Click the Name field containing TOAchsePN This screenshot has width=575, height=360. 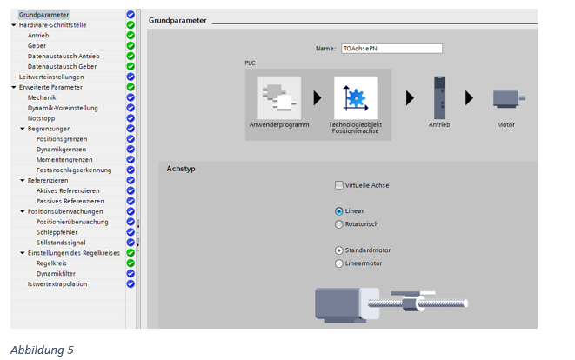click(391, 49)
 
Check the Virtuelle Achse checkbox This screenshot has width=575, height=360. click(339, 185)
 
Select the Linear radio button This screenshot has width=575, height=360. click(339, 211)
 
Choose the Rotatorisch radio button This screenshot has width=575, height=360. click(339, 224)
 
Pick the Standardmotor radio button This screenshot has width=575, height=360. click(339, 250)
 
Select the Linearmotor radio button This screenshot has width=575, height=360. click(339, 263)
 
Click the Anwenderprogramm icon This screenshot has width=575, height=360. click(279, 97)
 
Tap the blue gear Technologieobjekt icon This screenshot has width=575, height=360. click(355, 97)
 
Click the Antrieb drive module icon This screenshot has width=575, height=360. click(439, 97)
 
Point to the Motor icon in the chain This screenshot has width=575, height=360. click(509, 98)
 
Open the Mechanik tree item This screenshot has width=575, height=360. click(42, 97)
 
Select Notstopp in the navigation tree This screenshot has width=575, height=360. click(42, 118)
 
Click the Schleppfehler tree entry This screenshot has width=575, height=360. click(57, 232)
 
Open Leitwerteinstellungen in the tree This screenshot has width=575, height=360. click(51, 77)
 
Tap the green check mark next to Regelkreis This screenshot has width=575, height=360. click(130, 263)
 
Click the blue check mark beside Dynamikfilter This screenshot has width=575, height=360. click(130, 274)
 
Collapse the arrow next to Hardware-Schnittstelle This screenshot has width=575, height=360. click(14, 25)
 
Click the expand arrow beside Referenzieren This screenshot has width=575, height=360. click(23, 180)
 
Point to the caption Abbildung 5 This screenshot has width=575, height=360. click(42, 350)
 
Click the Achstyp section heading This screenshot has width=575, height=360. click(181, 169)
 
